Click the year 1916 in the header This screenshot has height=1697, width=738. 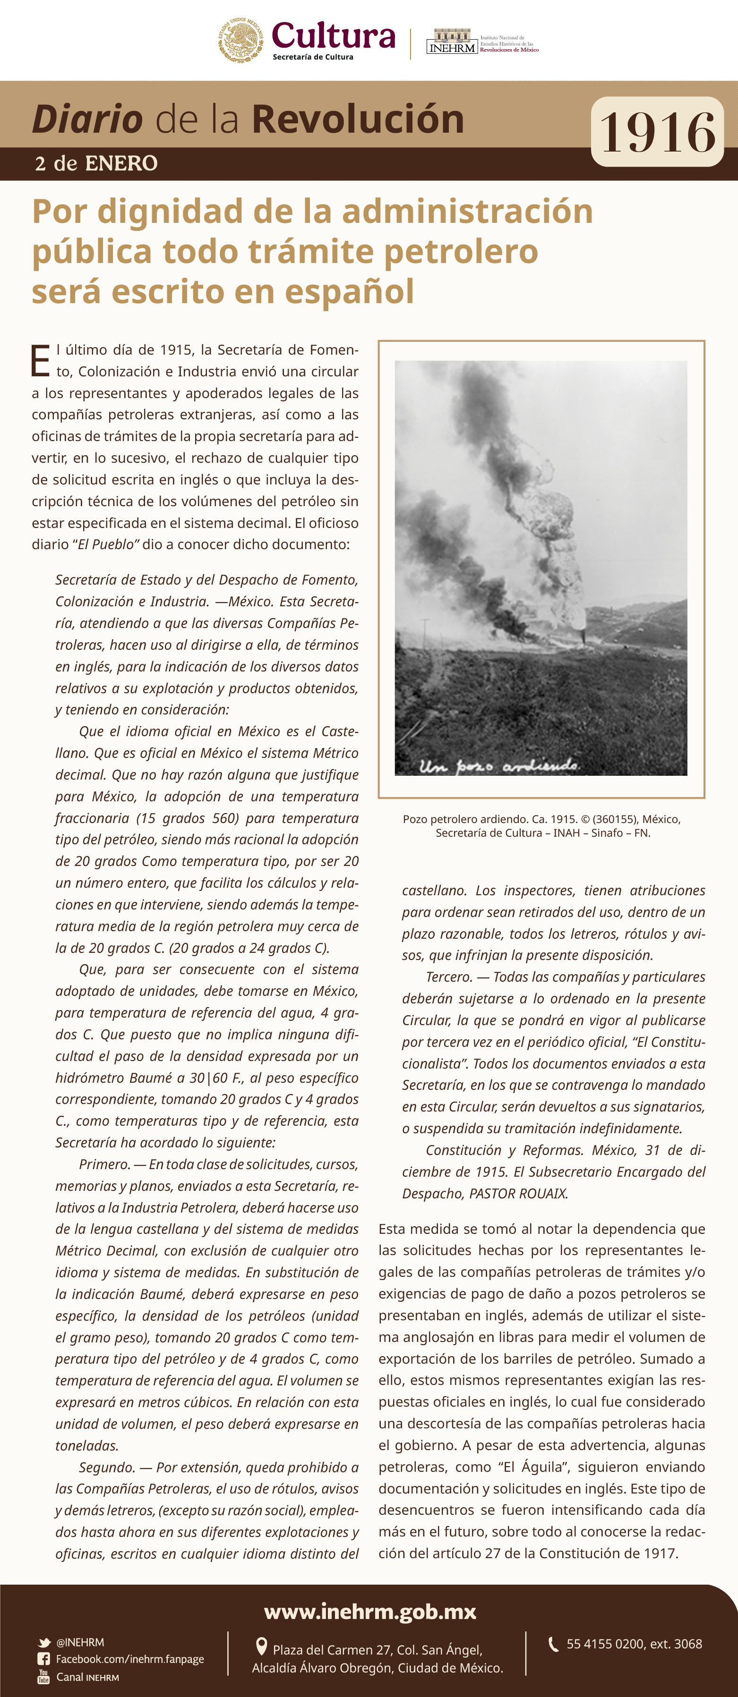tap(657, 132)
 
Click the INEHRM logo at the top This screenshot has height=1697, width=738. tap(452, 42)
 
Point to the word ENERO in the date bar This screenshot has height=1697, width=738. tap(121, 163)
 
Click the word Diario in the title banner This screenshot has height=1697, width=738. tap(87, 119)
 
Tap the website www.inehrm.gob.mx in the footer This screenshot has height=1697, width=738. tap(369, 1612)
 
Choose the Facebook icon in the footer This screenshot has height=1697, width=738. tap(43, 1659)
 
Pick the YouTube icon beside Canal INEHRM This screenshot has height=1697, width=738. tap(43, 1677)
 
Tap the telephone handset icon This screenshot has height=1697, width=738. tap(554, 1644)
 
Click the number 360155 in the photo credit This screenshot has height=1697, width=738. tap(615, 819)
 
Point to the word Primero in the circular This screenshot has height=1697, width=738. tap(103, 1164)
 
